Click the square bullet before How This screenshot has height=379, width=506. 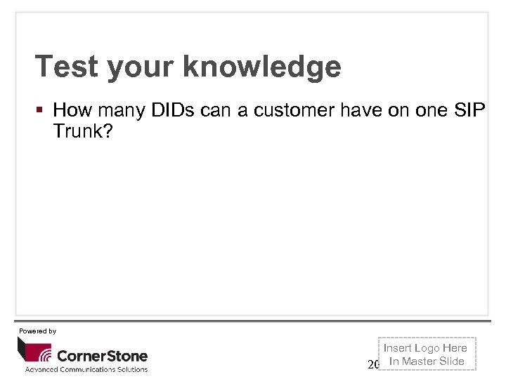(41, 110)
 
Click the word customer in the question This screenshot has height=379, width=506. (294, 110)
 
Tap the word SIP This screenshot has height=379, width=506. (470, 110)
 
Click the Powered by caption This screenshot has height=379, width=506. (37, 331)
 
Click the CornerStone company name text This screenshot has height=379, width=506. (102, 355)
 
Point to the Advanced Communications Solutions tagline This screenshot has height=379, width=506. (86, 370)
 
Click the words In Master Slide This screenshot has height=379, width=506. (427, 361)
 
